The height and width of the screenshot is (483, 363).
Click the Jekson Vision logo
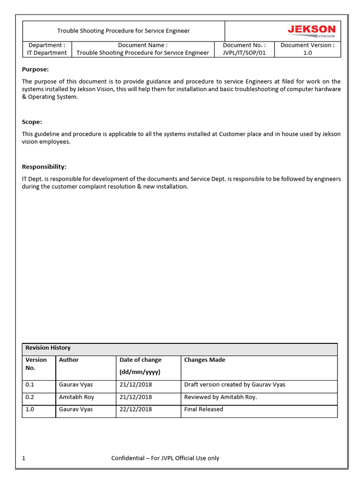pyautogui.click(x=311, y=31)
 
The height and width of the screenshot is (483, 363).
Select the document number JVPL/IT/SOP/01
pyautogui.click(x=244, y=53)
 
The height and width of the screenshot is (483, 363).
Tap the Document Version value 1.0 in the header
pyautogui.click(x=307, y=53)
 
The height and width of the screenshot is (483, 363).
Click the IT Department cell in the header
pyautogui.click(x=47, y=53)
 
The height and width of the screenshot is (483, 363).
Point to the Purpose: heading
pyautogui.click(x=35, y=69)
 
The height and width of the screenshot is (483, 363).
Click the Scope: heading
pyautogui.click(x=32, y=122)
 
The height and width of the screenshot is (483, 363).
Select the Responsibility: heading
pyautogui.click(x=44, y=167)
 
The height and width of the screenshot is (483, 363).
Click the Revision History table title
pyautogui.click(x=48, y=348)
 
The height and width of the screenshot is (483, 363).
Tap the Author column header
pyautogui.click(x=69, y=360)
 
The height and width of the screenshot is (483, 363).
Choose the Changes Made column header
pyautogui.click(x=205, y=360)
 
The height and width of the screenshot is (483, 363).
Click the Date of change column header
pyautogui.click(x=140, y=360)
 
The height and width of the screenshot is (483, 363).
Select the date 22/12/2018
pyautogui.click(x=136, y=409)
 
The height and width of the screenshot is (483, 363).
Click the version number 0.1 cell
pyautogui.click(x=30, y=384)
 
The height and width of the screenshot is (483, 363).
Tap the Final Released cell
pyautogui.click(x=203, y=409)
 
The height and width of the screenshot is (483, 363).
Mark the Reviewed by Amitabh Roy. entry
pyautogui.click(x=220, y=397)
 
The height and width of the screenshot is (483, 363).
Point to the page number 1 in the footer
pyautogui.click(x=24, y=458)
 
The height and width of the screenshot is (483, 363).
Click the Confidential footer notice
pyautogui.click(x=165, y=458)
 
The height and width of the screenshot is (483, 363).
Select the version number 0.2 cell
pyautogui.click(x=30, y=397)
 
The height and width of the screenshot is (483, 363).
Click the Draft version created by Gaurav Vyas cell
pyautogui.click(x=234, y=384)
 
